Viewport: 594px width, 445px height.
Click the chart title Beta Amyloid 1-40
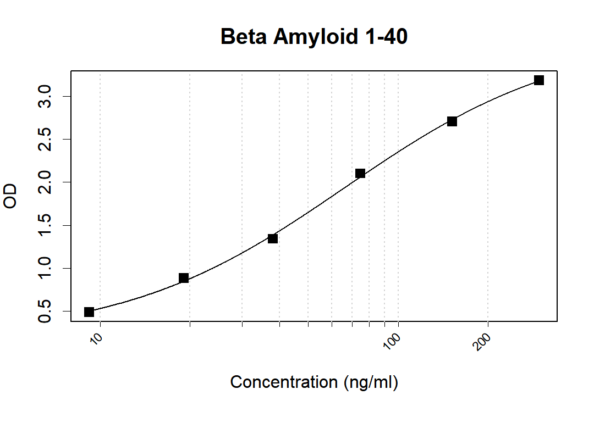coord(313,37)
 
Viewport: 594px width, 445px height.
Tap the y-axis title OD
coord(10,196)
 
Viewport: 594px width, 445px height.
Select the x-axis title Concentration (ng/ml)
coord(313,382)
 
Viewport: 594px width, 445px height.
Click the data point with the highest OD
coord(539,80)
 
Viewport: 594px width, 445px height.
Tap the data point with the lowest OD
coord(89,312)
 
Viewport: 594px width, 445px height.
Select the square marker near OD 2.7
coord(452,121)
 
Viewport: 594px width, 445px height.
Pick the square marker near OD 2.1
coord(360,174)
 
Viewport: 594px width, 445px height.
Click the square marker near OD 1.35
coord(273,238)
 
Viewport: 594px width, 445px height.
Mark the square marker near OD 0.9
coord(184,278)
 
